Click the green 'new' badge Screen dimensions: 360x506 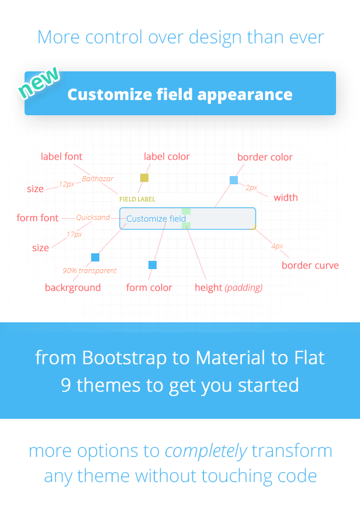pyautogui.click(x=39, y=82)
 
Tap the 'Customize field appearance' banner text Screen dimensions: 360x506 pyautogui.click(x=180, y=95)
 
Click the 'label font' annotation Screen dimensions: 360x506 pyautogui.click(x=61, y=157)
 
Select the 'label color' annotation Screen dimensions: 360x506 pyautogui.click(x=167, y=157)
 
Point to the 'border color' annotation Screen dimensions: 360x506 pyautogui.click(x=265, y=157)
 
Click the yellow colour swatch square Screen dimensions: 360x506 pyautogui.click(x=144, y=177)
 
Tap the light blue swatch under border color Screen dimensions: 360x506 pyautogui.click(x=234, y=180)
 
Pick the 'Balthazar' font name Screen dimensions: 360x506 pyautogui.click(x=98, y=178)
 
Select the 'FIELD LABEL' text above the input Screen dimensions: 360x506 pyautogui.click(x=137, y=199)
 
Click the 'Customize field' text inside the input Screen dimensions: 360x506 pyautogui.click(x=156, y=219)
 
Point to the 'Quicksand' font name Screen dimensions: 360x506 pyautogui.click(x=93, y=218)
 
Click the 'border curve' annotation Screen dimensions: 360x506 pyautogui.click(x=310, y=265)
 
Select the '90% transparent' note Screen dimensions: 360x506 pyautogui.click(x=89, y=270)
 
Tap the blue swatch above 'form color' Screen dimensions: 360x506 pyautogui.click(x=153, y=265)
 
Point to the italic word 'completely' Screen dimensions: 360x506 pyautogui.click(x=206, y=452)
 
